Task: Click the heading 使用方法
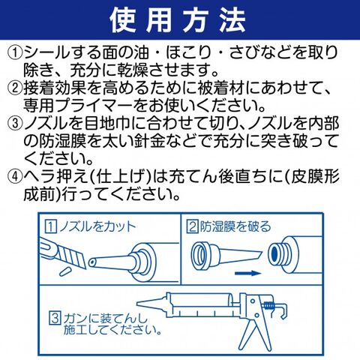[x=178, y=20]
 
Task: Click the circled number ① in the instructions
[x=15, y=52]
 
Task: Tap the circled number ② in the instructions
[x=15, y=88]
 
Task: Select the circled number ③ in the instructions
[x=15, y=124]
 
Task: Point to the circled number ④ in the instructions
[x=15, y=176]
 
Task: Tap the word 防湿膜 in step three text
[x=61, y=141]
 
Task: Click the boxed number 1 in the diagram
[x=50, y=226]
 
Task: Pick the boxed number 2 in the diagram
[x=193, y=226]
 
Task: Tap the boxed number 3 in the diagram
[x=55, y=318]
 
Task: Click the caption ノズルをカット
[x=97, y=226]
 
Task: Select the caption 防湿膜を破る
[x=235, y=226]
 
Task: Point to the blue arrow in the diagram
[x=247, y=273]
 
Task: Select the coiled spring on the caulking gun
[x=269, y=305]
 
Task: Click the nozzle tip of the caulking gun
[x=138, y=304]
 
